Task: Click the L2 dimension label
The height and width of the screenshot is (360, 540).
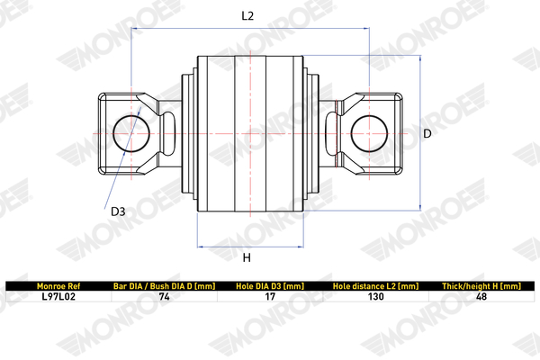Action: click(x=248, y=15)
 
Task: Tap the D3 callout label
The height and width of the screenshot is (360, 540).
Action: click(x=118, y=212)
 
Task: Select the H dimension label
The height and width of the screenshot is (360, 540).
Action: click(x=247, y=258)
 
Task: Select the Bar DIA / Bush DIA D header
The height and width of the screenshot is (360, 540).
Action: click(x=164, y=285)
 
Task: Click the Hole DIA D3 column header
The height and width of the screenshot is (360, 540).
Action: click(x=269, y=285)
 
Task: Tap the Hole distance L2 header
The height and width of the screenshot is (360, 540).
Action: click(x=375, y=285)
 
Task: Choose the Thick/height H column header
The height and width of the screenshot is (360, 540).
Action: click(x=481, y=285)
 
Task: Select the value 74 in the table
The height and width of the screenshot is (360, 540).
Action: click(x=164, y=295)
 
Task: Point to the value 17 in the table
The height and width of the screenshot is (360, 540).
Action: click(x=269, y=295)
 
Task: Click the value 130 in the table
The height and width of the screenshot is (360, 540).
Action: click(x=375, y=295)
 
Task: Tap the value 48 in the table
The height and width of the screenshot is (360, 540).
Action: click(x=481, y=295)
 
